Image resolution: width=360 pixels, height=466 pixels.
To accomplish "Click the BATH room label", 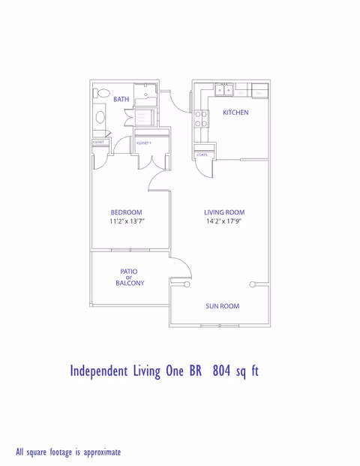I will pyautogui.click(x=121, y=99).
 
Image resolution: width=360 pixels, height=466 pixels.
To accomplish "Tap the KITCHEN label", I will pyautogui.click(x=235, y=113).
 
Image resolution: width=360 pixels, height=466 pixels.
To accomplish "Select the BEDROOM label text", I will pyautogui.click(x=126, y=212).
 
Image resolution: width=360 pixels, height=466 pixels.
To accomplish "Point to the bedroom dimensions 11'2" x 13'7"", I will pyautogui.click(x=126, y=222).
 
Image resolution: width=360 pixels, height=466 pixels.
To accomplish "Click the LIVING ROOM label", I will pyautogui.click(x=224, y=212).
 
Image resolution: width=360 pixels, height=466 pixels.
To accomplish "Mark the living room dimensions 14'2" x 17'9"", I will pyautogui.click(x=224, y=222).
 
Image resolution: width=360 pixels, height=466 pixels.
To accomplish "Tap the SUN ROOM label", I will pyautogui.click(x=223, y=306).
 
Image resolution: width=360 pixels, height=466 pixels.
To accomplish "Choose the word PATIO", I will pyautogui.click(x=129, y=271).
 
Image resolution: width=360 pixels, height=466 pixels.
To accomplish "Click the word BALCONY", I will pyautogui.click(x=130, y=284).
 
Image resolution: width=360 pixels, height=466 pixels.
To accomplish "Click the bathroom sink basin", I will pyautogui.click(x=100, y=118).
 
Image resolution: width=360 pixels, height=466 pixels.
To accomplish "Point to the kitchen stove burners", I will pyautogui.click(x=201, y=118).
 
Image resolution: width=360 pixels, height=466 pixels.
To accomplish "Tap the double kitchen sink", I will pyautogui.click(x=223, y=90).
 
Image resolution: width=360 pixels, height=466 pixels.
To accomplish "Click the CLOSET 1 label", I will pyautogui.click(x=144, y=142).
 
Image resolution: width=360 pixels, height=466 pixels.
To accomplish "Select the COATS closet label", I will pyautogui.click(x=201, y=155).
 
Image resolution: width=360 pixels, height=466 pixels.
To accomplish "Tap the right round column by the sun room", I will pyautogui.click(x=253, y=284).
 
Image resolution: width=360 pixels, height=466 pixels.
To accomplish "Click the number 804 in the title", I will pyautogui.click(x=223, y=371).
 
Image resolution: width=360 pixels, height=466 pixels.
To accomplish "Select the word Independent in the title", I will pyautogui.click(x=100, y=371).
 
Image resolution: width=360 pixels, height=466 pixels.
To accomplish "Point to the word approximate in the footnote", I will pyautogui.click(x=100, y=452).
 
